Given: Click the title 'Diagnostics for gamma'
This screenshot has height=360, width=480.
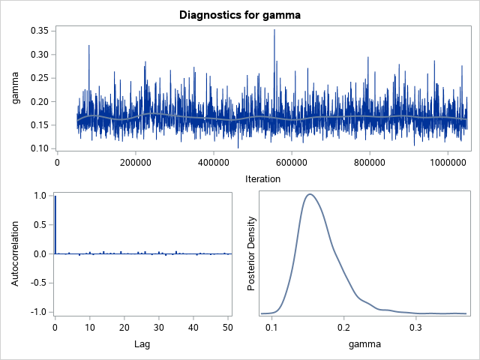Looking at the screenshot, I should coord(240,14).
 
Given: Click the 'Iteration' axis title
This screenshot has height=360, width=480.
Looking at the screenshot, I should coord(262,178).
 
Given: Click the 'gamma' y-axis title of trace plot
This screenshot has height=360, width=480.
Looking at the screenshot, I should coord(16,90).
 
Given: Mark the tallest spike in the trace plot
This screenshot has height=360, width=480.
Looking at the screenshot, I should coord(274,30).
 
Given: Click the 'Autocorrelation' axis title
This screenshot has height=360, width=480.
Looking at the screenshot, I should coord(16,253).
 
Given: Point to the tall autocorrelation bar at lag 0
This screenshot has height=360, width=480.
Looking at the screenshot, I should coord(55,225).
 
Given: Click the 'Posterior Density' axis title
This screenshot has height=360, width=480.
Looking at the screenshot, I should coord(253,253).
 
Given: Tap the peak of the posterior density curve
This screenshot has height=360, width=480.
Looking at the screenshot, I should coord(309,194).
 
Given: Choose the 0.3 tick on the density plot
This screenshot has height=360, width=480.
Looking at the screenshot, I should coord(415,328).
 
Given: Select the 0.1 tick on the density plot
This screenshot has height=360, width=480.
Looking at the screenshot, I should coord(272,328).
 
